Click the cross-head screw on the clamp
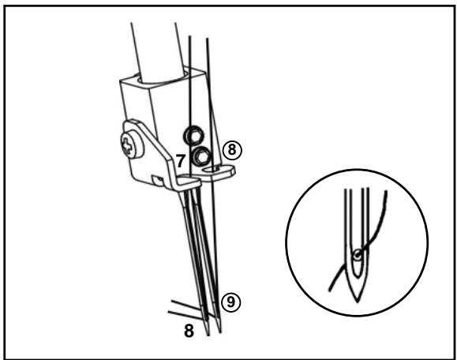pos(129,145)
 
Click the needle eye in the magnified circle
pos(358,255)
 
